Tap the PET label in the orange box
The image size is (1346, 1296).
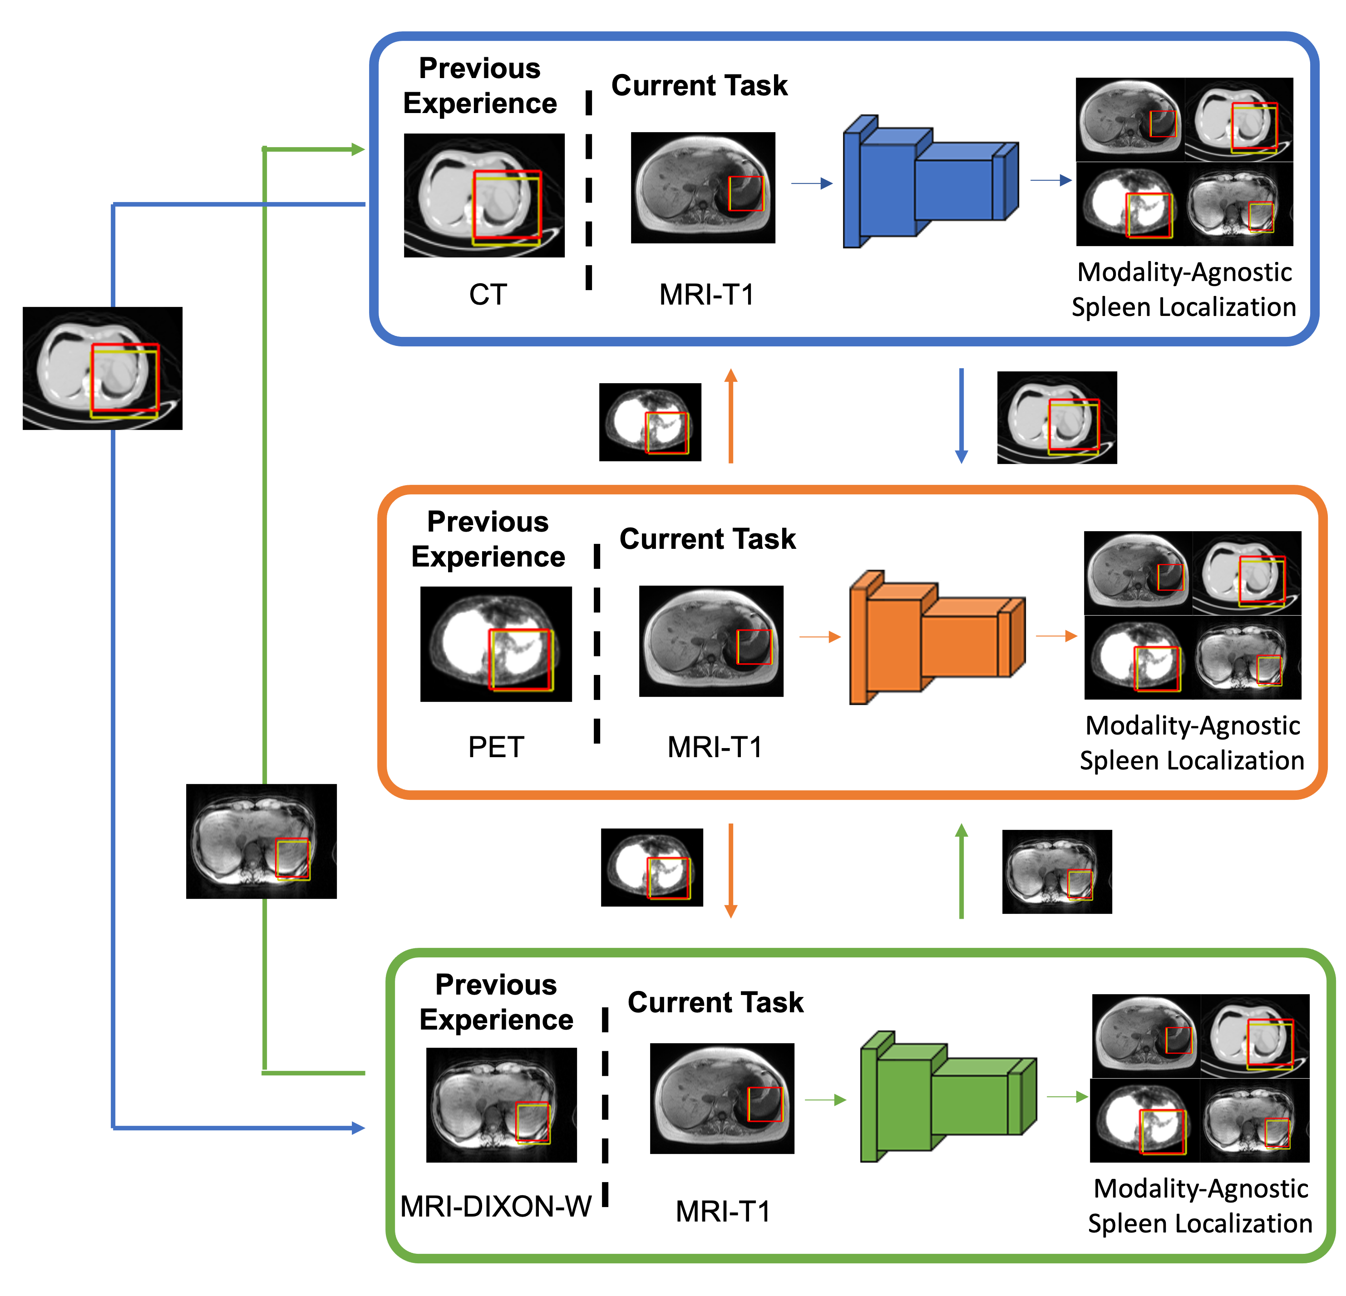[496, 747]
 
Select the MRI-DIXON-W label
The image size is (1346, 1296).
[496, 1206]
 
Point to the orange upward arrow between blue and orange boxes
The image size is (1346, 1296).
[731, 415]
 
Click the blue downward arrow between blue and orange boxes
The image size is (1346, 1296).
[961, 415]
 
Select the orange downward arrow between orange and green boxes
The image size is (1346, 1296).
[731, 870]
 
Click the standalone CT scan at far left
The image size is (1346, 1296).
[102, 368]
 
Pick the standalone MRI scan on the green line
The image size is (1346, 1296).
[261, 841]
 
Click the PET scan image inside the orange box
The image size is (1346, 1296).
[495, 644]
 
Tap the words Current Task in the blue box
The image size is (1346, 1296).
[699, 86]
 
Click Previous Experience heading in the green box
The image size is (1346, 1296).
[496, 1002]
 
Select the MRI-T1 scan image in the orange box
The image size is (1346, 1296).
[711, 641]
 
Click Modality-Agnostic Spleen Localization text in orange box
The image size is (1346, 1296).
[1192, 743]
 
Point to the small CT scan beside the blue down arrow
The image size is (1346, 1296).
[1056, 418]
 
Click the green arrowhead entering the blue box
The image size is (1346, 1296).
[357, 149]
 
